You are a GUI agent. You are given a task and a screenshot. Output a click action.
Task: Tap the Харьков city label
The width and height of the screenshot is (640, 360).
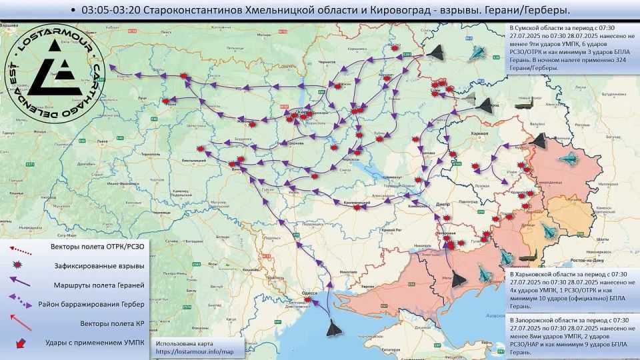(x=461, y=134)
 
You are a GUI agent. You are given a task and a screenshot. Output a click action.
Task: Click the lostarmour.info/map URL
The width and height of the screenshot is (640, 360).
(x=195, y=351)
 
